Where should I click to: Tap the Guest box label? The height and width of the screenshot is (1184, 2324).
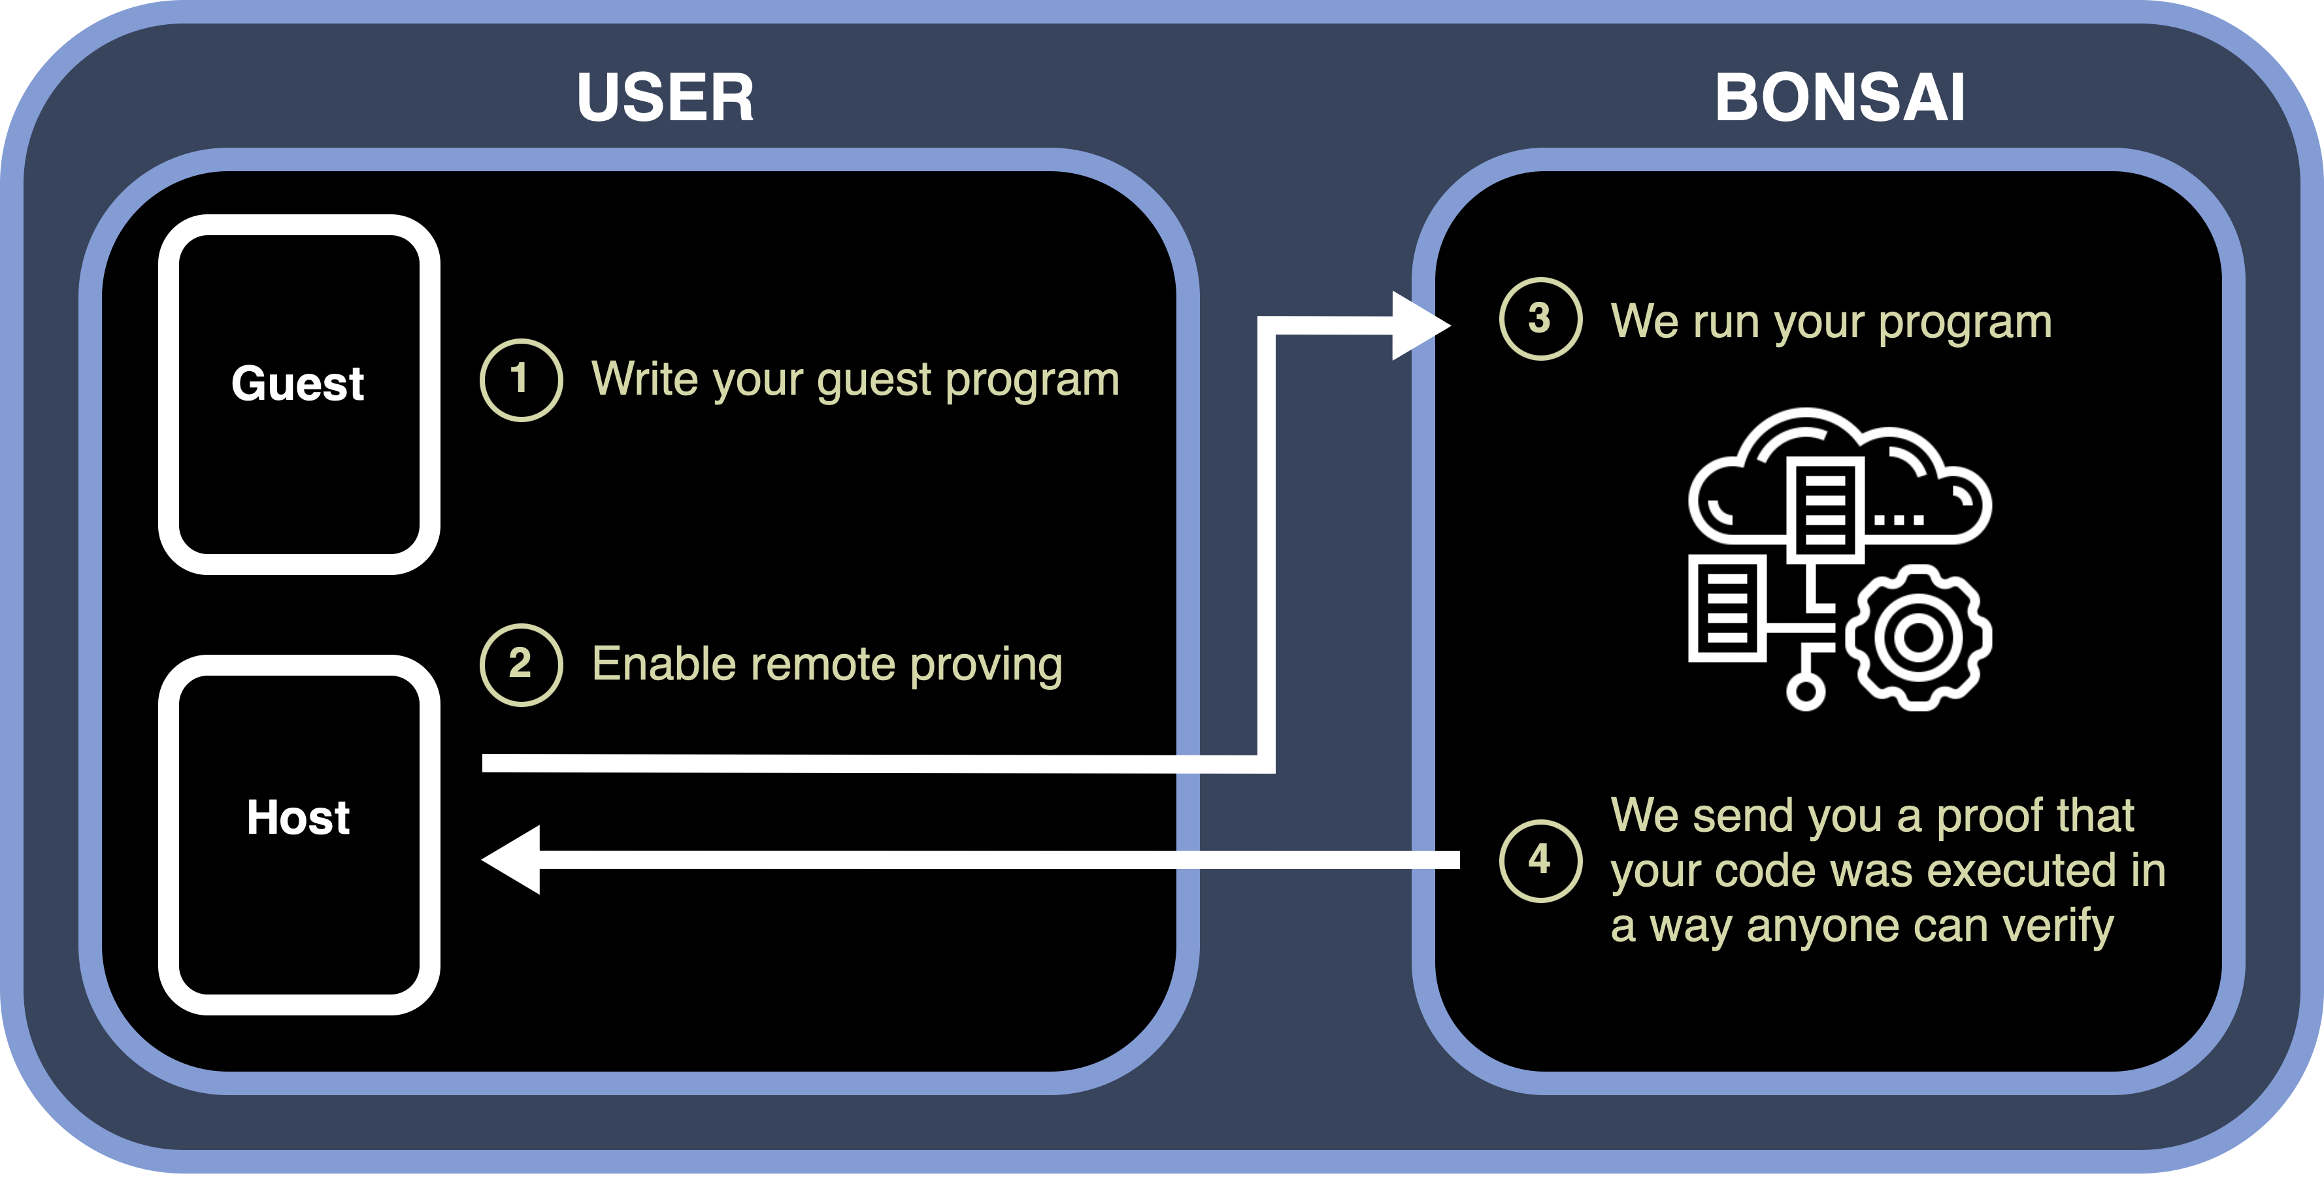pos(298,384)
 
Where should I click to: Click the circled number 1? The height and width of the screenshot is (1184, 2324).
pos(521,380)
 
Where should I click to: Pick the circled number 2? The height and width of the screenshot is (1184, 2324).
pos(521,665)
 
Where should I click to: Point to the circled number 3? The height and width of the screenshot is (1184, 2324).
pos(1540,318)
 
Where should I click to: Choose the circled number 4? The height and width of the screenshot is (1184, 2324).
pos(1540,861)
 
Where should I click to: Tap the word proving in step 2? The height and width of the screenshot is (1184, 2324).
pos(986,665)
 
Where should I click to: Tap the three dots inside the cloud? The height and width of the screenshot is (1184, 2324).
pos(1899,520)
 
